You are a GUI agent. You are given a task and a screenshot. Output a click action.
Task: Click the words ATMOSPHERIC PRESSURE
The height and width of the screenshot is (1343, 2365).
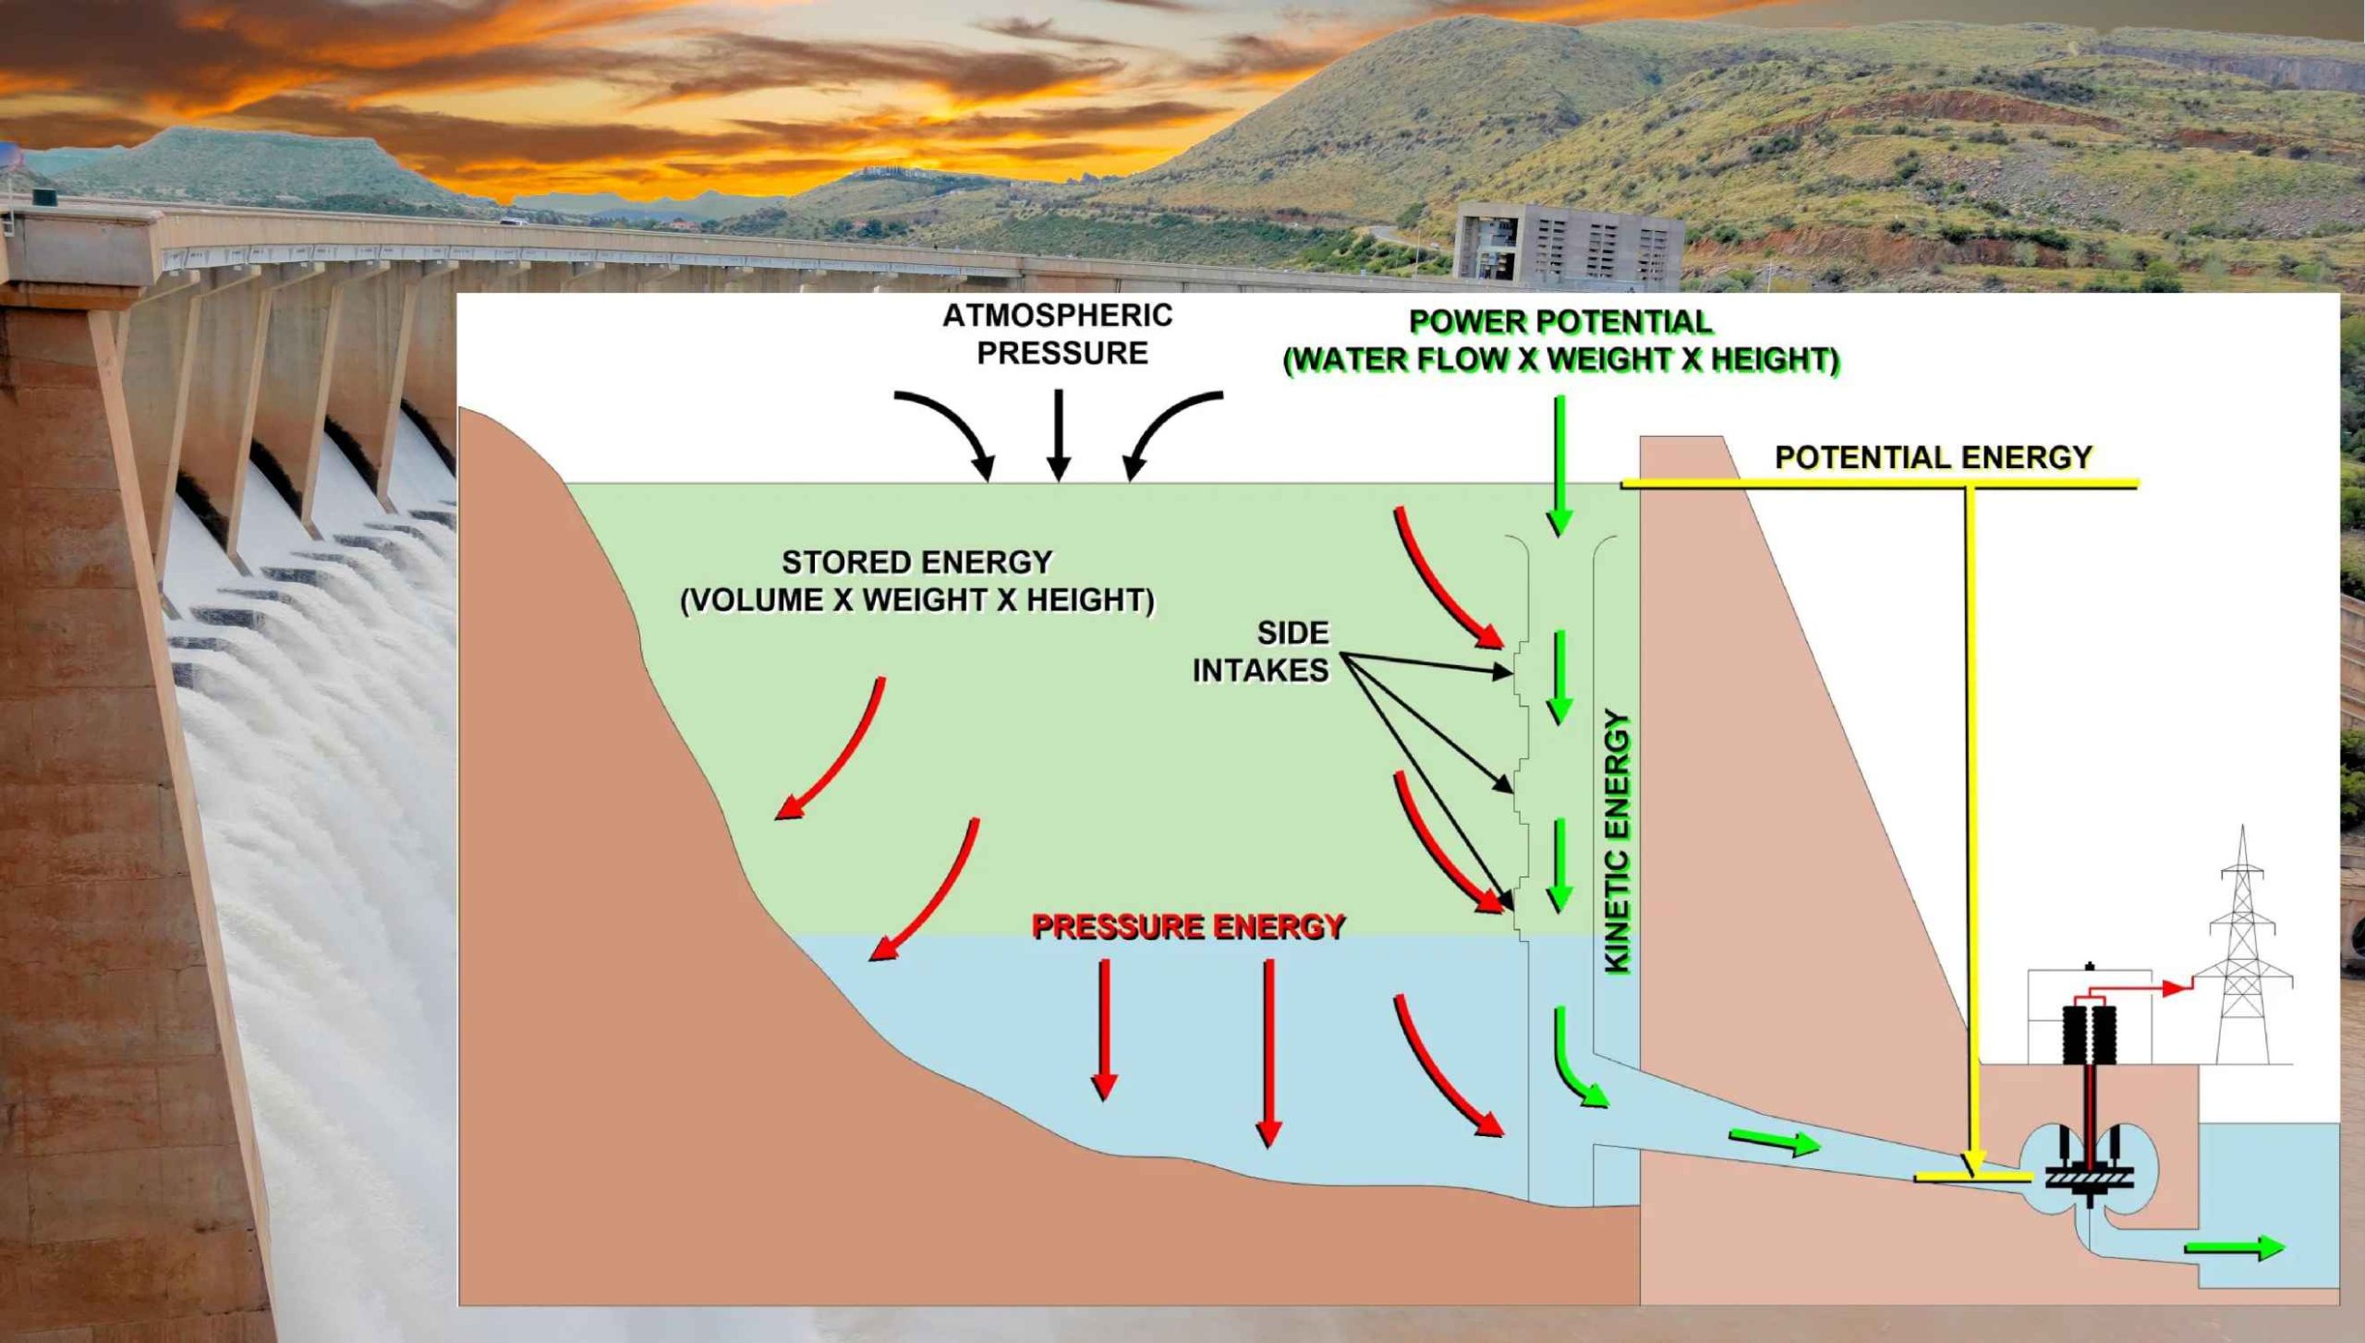coord(1059,334)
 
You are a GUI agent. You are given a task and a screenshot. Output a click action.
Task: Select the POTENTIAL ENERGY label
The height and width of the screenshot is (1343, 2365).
coord(1933,457)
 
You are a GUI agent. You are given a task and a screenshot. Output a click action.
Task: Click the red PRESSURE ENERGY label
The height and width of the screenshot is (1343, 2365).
coord(1187,926)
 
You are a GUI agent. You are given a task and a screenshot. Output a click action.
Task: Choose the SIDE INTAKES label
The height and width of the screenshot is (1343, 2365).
coord(1262,651)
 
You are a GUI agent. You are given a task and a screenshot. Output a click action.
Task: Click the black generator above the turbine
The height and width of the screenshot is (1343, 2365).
coord(2090,1034)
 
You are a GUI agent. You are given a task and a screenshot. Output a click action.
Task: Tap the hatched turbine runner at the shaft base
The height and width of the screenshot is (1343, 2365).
coord(2090,1179)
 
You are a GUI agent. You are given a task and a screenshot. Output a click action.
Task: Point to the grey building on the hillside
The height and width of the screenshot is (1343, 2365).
coord(1568,247)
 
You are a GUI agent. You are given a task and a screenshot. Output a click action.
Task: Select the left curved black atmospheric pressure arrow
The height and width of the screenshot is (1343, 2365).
coord(952,430)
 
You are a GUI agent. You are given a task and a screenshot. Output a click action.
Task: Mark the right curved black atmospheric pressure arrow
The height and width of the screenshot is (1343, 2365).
coord(1166,430)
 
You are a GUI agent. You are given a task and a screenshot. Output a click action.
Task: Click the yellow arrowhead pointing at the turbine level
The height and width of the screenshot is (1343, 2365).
coord(1972,1163)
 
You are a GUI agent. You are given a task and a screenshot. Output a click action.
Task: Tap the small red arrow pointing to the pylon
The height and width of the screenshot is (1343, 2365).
coord(2176,988)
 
